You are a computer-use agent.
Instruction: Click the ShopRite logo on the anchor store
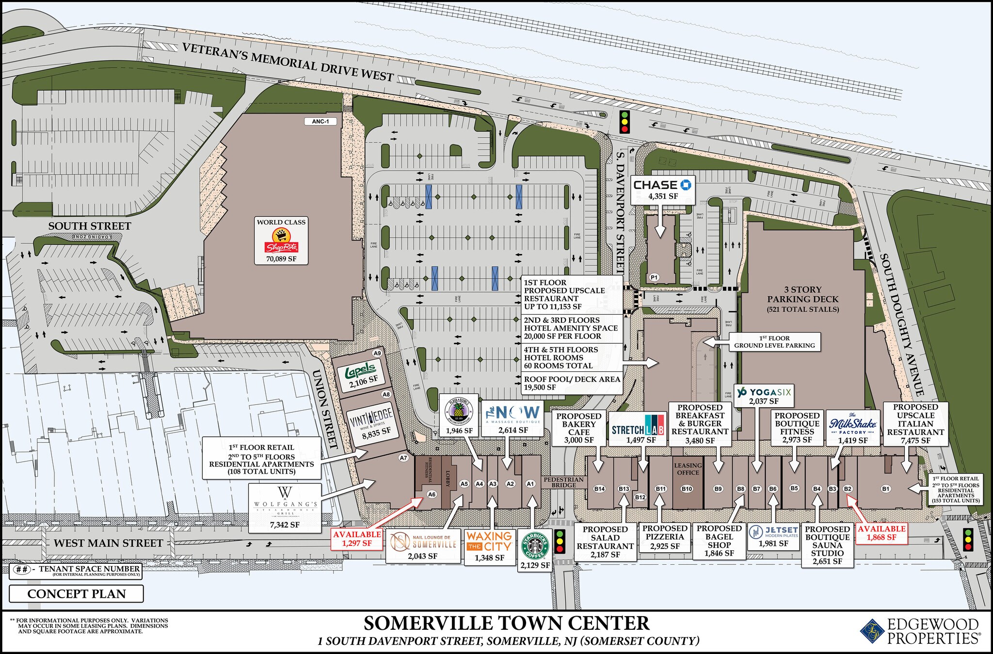(x=281, y=241)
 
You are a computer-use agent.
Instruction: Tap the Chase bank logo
(x=662, y=185)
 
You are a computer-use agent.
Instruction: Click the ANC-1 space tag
(x=320, y=121)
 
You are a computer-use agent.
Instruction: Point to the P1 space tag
(x=654, y=277)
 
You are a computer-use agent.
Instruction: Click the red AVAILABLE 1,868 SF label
(x=881, y=533)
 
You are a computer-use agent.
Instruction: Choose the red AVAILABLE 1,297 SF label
(x=357, y=539)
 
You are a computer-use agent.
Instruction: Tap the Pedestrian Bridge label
(x=563, y=482)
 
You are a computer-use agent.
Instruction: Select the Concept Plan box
(x=76, y=594)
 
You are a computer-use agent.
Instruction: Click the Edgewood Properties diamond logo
(x=872, y=631)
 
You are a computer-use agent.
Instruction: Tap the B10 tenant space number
(x=687, y=489)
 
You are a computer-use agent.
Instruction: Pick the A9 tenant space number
(x=377, y=353)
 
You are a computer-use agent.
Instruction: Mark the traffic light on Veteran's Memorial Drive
(x=625, y=122)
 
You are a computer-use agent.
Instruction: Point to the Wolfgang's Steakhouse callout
(x=285, y=507)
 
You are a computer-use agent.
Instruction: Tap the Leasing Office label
(x=688, y=469)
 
